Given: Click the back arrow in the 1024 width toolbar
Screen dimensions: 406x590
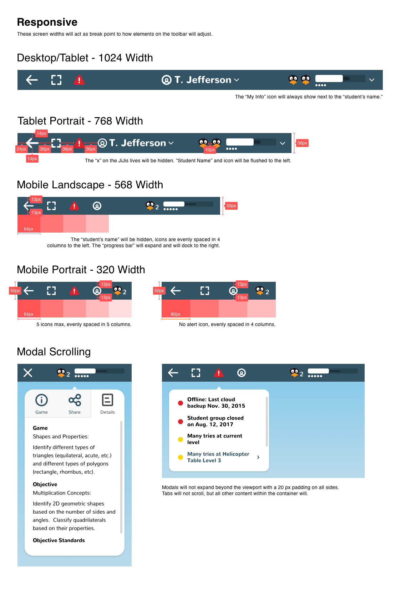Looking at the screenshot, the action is (x=32, y=80).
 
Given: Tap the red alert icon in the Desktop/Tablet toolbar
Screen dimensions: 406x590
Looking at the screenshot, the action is (x=79, y=80).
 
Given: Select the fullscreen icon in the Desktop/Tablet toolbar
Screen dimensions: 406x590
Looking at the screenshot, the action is (x=56, y=80).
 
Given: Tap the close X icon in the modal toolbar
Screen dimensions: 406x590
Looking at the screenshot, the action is (x=28, y=373).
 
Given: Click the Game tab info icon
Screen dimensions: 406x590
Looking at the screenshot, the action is (x=42, y=400).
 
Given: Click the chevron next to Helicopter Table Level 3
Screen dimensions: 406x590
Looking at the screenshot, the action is (x=258, y=457).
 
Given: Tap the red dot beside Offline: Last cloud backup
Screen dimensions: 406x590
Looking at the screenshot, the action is (x=181, y=403).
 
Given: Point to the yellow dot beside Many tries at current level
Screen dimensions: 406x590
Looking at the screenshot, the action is (x=181, y=439).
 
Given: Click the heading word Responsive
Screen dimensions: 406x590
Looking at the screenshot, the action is (x=47, y=22).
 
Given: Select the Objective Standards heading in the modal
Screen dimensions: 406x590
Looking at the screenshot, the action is (x=59, y=540).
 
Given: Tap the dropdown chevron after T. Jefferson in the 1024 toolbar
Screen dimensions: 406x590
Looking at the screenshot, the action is (x=237, y=80).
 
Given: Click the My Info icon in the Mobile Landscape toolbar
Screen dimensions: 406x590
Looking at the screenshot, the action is (x=97, y=206).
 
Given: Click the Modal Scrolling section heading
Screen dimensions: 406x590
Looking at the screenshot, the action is (x=54, y=352).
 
